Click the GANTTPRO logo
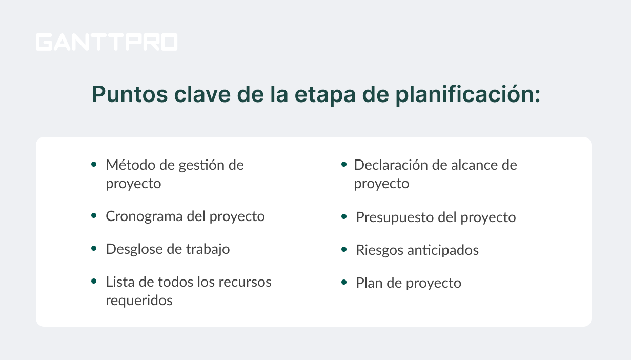107,42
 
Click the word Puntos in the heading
130,94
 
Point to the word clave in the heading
202,94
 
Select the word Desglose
134,249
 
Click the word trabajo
208,249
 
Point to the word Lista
120,282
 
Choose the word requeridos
139,300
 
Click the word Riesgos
379,250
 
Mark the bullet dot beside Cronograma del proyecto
94,216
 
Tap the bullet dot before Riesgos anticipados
344,249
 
